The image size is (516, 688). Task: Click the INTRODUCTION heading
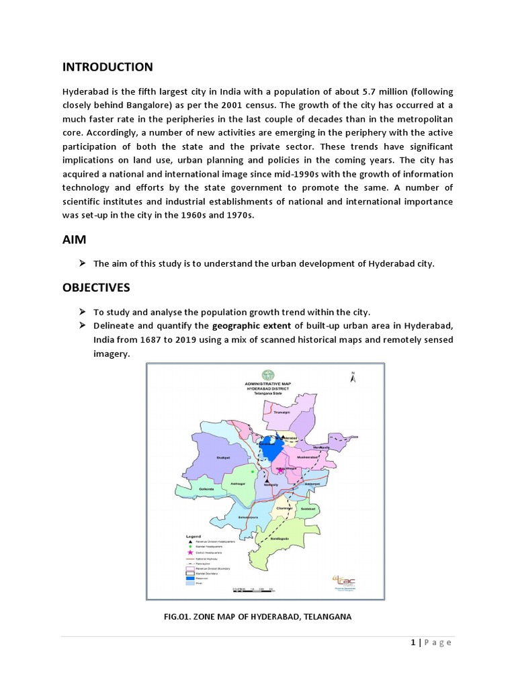(x=107, y=67)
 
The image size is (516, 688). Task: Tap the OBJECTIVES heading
(x=95, y=288)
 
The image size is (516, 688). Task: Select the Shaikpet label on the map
(x=223, y=458)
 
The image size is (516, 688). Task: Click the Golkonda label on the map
(x=206, y=489)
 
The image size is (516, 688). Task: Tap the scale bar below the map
(x=253, y=588)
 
